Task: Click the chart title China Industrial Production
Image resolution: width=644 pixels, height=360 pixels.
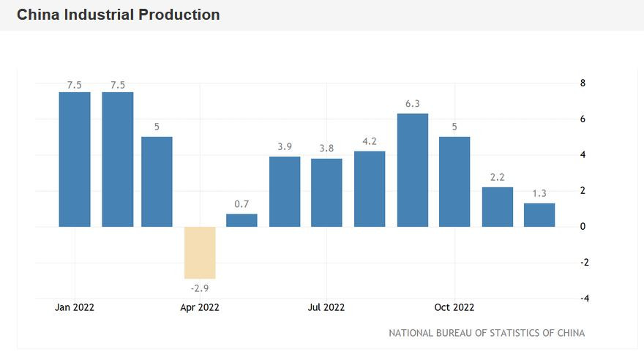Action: click(118, 15)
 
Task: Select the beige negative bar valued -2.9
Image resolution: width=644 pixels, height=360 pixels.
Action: click(200, 252)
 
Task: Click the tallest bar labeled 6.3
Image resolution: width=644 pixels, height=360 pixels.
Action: click(412, 170)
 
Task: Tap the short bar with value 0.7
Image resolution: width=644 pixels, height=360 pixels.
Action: click(241, 220)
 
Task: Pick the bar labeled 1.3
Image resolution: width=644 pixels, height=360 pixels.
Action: click(539, 214)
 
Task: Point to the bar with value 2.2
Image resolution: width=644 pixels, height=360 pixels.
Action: click(497, 206)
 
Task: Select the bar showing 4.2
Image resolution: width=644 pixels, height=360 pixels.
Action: click(370, 189)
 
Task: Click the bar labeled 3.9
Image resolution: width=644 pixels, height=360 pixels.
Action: click(285, 191)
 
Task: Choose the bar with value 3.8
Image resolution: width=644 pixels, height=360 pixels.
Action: click(326, 192)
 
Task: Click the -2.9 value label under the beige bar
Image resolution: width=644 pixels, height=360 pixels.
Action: click(200, 288)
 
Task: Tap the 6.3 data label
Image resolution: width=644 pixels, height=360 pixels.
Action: click(412, 104)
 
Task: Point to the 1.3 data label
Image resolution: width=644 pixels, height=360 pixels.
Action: click(539, 194)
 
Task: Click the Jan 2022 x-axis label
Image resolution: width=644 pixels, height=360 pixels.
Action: click(75, 307)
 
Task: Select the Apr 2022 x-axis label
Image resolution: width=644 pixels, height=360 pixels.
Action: click(200, 307)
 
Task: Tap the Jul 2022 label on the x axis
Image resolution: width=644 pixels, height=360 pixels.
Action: click(326, 307)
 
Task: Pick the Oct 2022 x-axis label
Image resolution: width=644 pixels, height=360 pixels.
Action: click(454, 307)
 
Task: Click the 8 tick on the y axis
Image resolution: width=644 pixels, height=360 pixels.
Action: click(583, 83)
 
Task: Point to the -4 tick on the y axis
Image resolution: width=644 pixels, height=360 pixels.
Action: click(584, 299)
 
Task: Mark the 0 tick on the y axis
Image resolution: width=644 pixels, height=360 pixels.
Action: click(583, 227)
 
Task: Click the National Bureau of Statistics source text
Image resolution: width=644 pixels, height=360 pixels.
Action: click(487, 333)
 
